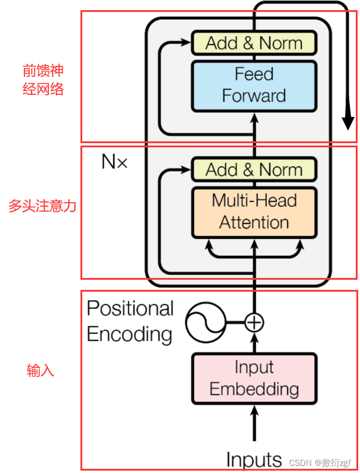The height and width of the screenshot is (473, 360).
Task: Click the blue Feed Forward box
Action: click(x=253, y=86)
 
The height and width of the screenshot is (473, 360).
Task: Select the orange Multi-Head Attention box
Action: click(x=253, y=212)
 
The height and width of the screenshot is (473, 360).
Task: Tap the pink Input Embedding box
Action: click(x=253, y=378)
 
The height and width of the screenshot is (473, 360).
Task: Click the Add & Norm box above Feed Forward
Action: click(x=253, y=44)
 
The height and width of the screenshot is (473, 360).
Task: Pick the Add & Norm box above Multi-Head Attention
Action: click(x=253, y=170)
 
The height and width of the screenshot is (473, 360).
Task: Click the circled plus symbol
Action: click(x=255, y=322)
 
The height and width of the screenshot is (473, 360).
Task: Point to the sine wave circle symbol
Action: click(x=205, y=322)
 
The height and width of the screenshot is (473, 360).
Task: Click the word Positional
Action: click(x=130, y=308)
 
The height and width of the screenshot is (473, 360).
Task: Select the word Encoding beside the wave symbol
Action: click(x=129, y=334)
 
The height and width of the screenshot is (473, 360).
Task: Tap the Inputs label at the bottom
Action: click(x=254, y=459)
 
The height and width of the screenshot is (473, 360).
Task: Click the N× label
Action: click(x=114, y=161)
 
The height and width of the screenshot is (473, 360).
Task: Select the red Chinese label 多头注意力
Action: click(x=42, y=206)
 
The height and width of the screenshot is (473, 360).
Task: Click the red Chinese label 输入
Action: click(x=41, y=370)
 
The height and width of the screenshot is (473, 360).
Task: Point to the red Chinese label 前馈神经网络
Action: click(x=42, y=81)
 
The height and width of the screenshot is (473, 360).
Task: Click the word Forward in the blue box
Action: click(x=254, y=96)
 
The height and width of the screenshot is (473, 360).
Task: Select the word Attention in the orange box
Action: click(x=254, y=222)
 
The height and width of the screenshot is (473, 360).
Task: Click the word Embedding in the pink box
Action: click(x=254, y=389)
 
